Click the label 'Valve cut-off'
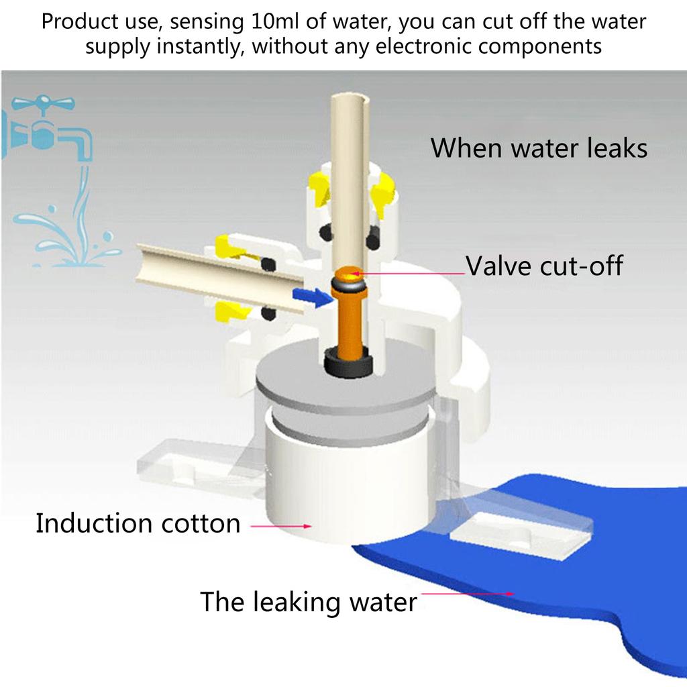[544, 266]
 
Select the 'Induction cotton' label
[138, 523]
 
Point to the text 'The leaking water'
[308, 601]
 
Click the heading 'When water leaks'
[539, 148]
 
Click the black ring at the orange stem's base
[348, 364]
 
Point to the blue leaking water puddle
[570, 604]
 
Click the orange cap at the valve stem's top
[349, 274]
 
